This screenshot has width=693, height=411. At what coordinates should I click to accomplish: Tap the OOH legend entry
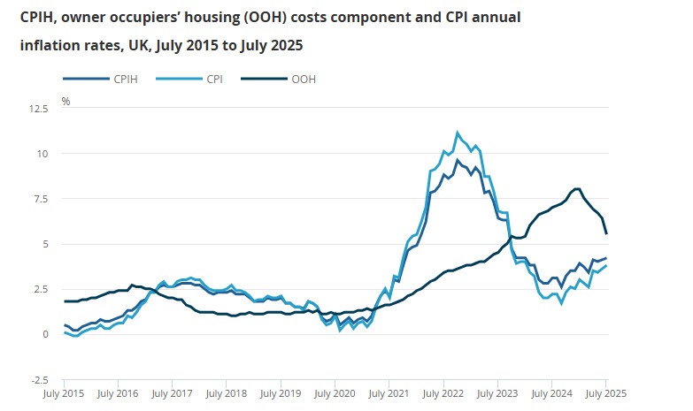click(303, 80)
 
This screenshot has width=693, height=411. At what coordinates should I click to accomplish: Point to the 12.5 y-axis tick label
click(38, 109)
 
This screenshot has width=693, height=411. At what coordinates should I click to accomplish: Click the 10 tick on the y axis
click(43, 154)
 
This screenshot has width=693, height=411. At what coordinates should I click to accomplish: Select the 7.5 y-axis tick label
click(42, 199)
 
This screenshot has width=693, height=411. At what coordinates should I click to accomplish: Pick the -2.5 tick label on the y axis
click(40, 379)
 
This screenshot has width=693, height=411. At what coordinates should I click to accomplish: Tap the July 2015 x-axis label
click(65, 392)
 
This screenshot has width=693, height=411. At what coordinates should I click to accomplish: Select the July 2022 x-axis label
click(443, 392)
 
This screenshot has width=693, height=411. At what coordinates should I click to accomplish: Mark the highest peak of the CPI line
click(458, 133)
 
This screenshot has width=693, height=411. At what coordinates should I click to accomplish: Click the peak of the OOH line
click(577, 188)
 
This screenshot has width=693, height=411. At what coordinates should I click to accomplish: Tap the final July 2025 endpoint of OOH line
click(606, 233)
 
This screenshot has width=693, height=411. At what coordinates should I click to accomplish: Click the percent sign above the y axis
click(65, 101)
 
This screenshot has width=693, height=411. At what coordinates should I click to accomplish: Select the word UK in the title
click(134, 44)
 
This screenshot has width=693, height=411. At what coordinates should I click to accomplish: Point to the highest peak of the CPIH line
click(458, 160)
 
